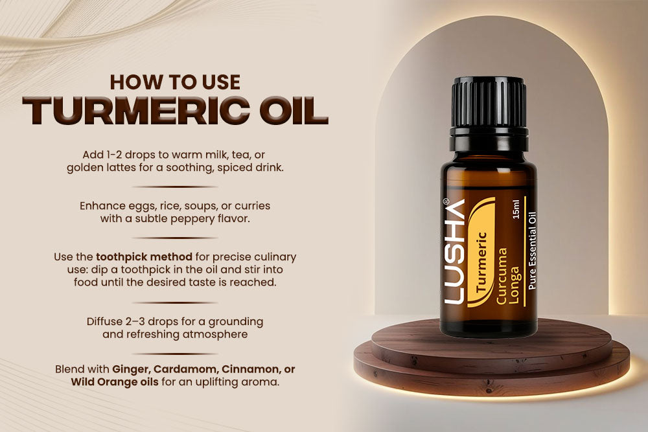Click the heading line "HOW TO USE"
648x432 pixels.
[x=175, y=82]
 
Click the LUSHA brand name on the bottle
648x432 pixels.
[x=456, y=251]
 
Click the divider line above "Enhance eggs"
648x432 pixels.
[x=175, y=187]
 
